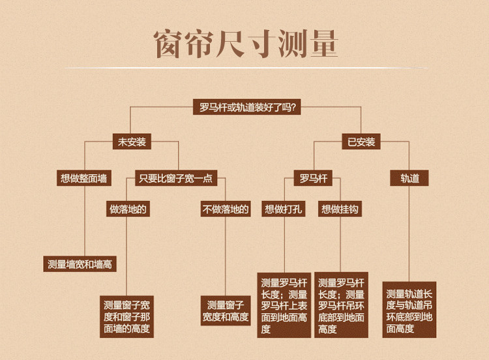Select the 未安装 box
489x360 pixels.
[x=131, y=142]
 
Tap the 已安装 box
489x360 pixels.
[x=361, y=142]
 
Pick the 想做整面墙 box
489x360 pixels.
[x=84, y=177]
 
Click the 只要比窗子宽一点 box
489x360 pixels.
[x=175, y=177]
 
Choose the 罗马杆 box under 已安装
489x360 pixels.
[x=314, y=177]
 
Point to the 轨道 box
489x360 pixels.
[x=409, y=177]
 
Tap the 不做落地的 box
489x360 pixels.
[x=226, y=209]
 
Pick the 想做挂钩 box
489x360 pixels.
[x=340, y=209]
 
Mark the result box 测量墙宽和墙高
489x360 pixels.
[x=80, y=264]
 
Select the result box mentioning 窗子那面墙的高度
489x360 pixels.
[x=127, y=316]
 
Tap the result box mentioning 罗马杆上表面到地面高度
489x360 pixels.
[x=284, y=305]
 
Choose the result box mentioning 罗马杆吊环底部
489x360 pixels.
[x=341, y=305]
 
